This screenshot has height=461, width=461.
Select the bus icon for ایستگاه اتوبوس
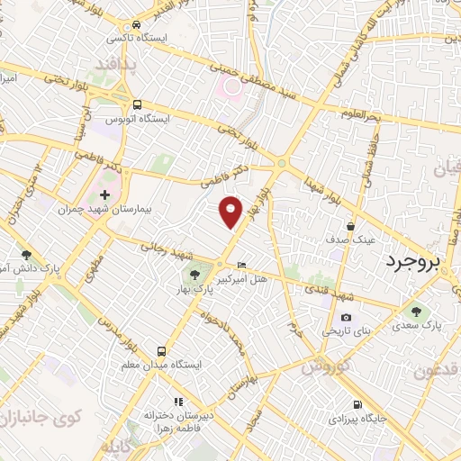pos(136,104)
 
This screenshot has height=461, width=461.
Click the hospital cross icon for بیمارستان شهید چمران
pos(104,194)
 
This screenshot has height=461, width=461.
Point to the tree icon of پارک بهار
pos(192,273)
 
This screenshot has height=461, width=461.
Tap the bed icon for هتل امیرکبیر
pos(241,264)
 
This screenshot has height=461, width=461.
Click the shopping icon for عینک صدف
pos(349,226)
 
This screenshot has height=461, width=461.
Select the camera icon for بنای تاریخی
pos(346,317)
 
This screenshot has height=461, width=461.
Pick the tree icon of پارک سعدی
pos(415,311)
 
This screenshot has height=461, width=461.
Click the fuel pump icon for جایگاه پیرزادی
pos(358,404)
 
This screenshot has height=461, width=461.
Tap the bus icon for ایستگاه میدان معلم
pos(161,350)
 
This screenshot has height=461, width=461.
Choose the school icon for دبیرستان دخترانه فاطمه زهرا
pos(177,402)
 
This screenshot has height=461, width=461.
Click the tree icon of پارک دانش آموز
pos(28,255)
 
